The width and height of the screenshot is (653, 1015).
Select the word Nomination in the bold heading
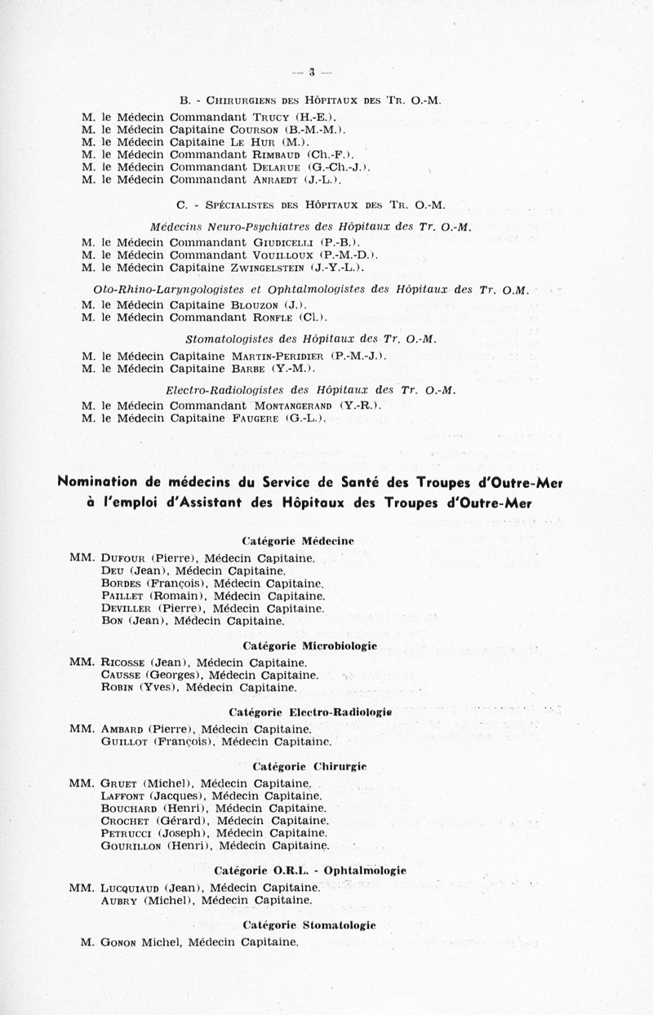coord(104,482)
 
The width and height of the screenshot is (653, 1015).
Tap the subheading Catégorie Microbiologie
coord(309,646)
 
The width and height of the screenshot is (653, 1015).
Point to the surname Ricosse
coord(125,663)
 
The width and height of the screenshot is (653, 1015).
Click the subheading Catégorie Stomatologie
coord(309,925)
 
